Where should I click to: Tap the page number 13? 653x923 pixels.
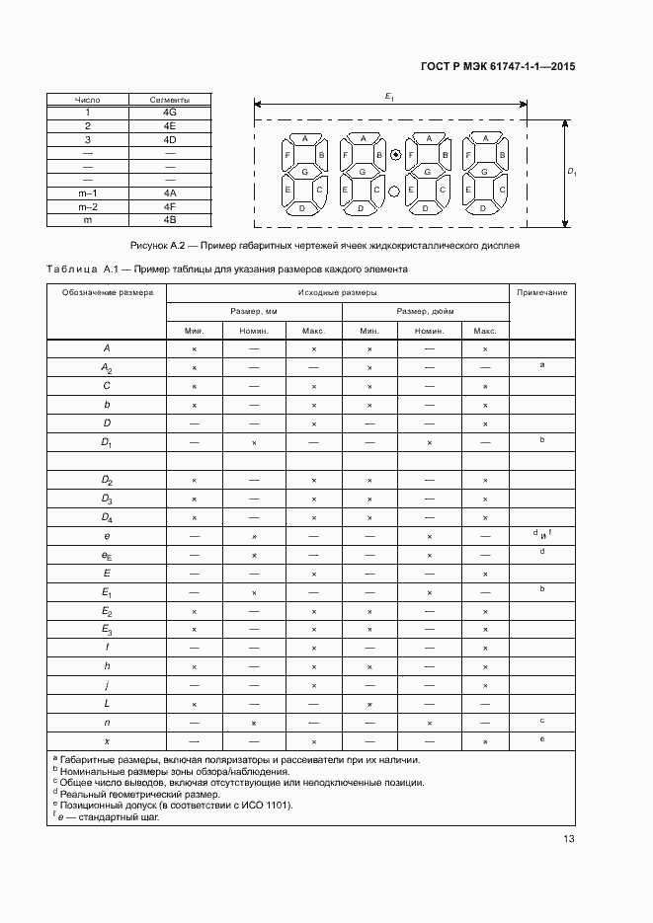(568, 839)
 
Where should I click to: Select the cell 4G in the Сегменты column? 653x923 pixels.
(169, 113)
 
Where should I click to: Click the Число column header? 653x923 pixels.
(88, 100)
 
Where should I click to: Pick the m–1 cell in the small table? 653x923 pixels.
(88, 193)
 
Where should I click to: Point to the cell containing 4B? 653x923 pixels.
(169, 220)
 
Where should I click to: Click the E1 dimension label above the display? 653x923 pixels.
(390, 96)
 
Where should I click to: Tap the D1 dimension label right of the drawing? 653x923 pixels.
(572, 172)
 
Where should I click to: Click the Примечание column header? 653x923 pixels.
(541, 293)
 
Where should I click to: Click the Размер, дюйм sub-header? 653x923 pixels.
(425, 311)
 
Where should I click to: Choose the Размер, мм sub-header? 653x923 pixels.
(254, 311)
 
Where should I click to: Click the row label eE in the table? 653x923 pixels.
(107, 556)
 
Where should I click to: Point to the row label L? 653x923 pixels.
(107, 703)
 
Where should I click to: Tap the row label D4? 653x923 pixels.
(107, 517)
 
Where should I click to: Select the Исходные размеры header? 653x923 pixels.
(337, 293)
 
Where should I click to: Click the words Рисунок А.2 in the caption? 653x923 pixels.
(160, 244)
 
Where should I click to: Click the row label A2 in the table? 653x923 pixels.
(107, 367)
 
